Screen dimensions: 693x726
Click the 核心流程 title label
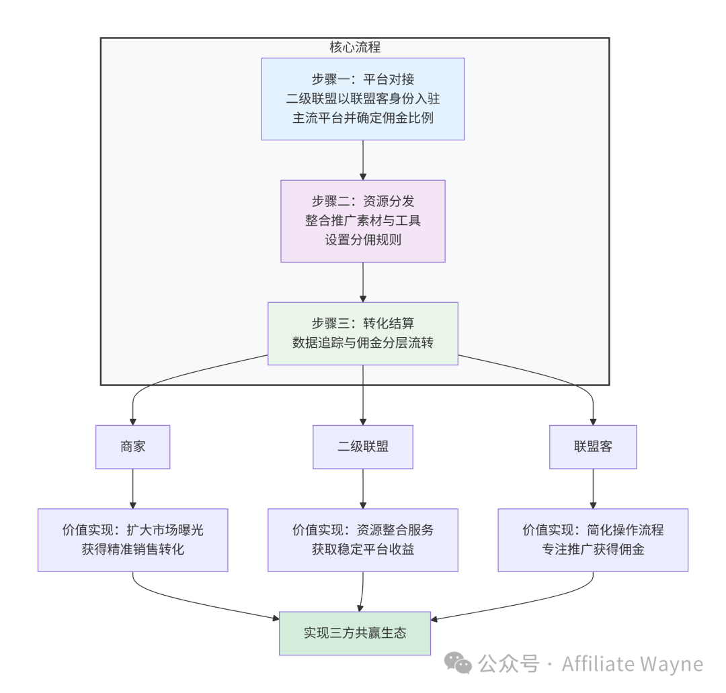click(355, 48)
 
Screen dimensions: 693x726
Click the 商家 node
click(132, 447)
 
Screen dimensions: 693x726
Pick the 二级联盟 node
click(362, 447)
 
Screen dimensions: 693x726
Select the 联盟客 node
click(593, 447)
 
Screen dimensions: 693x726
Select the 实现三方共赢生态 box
click(354, 633)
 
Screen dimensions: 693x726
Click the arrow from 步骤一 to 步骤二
click(363, 160)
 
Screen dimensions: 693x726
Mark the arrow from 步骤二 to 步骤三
click(363, 282)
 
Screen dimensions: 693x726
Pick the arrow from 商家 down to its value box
click(133, 488)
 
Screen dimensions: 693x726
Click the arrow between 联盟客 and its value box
click(593, 488)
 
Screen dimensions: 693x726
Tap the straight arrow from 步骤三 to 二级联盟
click(363, 395)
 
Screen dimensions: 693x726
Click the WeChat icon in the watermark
click(460, 664)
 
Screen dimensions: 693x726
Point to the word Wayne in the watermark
click(672, 664)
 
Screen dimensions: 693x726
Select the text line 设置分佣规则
click(362, 239)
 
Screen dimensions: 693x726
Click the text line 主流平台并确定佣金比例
click(362, 118)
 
